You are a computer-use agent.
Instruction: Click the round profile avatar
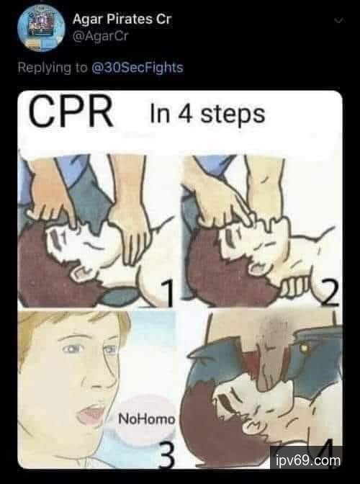click(41, 28)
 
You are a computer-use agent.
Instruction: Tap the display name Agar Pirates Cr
click(122, 19)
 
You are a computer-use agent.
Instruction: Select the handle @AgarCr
click(100, 37)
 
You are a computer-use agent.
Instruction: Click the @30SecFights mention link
click(138, 68)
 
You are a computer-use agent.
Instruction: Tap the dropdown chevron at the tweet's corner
click(338, 21)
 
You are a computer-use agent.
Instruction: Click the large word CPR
click(71, 112)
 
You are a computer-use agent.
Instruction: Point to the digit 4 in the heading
click(185, 114)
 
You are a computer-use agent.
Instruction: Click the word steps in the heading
click(233, 115)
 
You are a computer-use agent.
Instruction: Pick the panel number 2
click(329, 293)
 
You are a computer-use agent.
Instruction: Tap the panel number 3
click(166, 454)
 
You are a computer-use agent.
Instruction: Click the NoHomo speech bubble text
click(147, 419)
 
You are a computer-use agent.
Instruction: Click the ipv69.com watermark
click(307, 460)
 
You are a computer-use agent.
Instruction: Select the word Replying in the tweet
click(45, 68)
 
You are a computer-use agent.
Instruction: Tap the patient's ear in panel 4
click(253, 428)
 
